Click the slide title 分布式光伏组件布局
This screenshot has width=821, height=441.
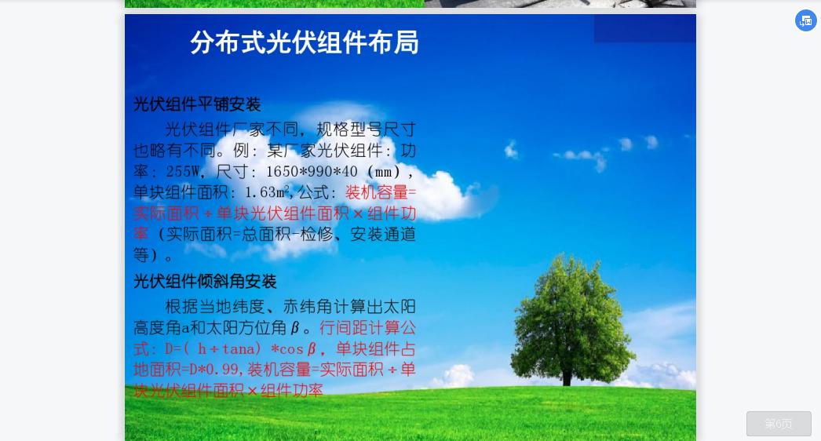click(305, 42)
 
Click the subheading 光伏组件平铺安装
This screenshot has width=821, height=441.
click(197, 104)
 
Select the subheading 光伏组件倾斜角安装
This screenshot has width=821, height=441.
click(205, 281)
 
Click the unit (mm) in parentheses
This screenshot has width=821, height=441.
click(389, 172)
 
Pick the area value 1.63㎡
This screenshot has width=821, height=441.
click(267, 192)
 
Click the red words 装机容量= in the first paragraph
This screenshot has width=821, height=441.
click(381, 192)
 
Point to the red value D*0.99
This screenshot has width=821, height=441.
click(216, 370)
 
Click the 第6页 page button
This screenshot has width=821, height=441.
click(779, 424)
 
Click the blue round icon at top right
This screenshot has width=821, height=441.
click(806, 20)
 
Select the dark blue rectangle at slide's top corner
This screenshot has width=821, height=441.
click(644, 28)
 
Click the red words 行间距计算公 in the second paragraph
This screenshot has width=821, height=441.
click(367, 328)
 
